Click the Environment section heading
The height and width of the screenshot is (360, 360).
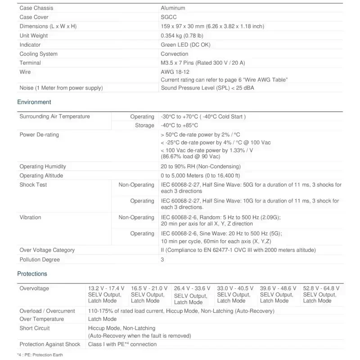click(34, 102)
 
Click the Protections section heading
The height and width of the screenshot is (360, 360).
click(32, 274)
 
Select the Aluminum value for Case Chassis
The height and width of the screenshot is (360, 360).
click(173, 8)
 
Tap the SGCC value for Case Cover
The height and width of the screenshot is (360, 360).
click(169, 17)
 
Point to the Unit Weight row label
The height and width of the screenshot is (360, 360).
click(33, 36)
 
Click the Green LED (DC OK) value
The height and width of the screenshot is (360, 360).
click(185, 45)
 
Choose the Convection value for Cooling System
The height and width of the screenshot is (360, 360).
click(174, 54)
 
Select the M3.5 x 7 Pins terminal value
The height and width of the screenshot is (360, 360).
click(202, 63)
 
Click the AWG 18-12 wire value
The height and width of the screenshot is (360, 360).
click(175, 72)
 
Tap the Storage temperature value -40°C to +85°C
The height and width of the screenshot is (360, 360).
click(179, 126)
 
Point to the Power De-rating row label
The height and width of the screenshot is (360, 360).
click(39, 135)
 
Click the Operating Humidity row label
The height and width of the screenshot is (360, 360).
click(43, 166)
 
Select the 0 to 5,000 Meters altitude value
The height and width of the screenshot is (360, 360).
click(200, 175)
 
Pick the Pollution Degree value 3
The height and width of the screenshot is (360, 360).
click(162, 260)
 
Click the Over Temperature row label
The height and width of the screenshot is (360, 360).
click(41, 319)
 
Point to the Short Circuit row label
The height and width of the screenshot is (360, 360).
click(35, 328)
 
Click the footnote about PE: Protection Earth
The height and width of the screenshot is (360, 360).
click(40, 355)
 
